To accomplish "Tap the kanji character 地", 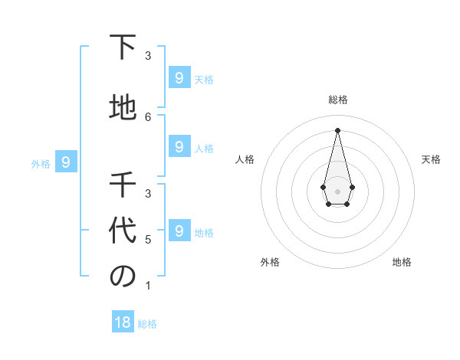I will (122, 108).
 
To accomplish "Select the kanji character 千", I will (122, 185).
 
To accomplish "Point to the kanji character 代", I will (122, 231).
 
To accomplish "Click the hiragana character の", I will (122, 277).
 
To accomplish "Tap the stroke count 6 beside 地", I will (148, 116).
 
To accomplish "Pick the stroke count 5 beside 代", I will (148, 240).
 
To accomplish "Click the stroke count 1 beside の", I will (148, 286).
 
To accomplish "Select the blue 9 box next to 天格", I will (179, 77).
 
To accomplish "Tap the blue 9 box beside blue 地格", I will (179, 230).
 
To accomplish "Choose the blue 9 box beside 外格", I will (66, 162).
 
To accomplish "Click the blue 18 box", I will (123, 322).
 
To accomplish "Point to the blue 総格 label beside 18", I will (148, 324).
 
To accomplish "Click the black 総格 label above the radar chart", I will (337, 100).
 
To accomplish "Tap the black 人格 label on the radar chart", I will (245, 159).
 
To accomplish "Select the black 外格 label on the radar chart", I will (270, 262).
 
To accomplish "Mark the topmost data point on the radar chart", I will (337, 129).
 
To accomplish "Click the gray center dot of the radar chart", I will (337, 191).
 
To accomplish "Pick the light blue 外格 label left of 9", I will (41, 163).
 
